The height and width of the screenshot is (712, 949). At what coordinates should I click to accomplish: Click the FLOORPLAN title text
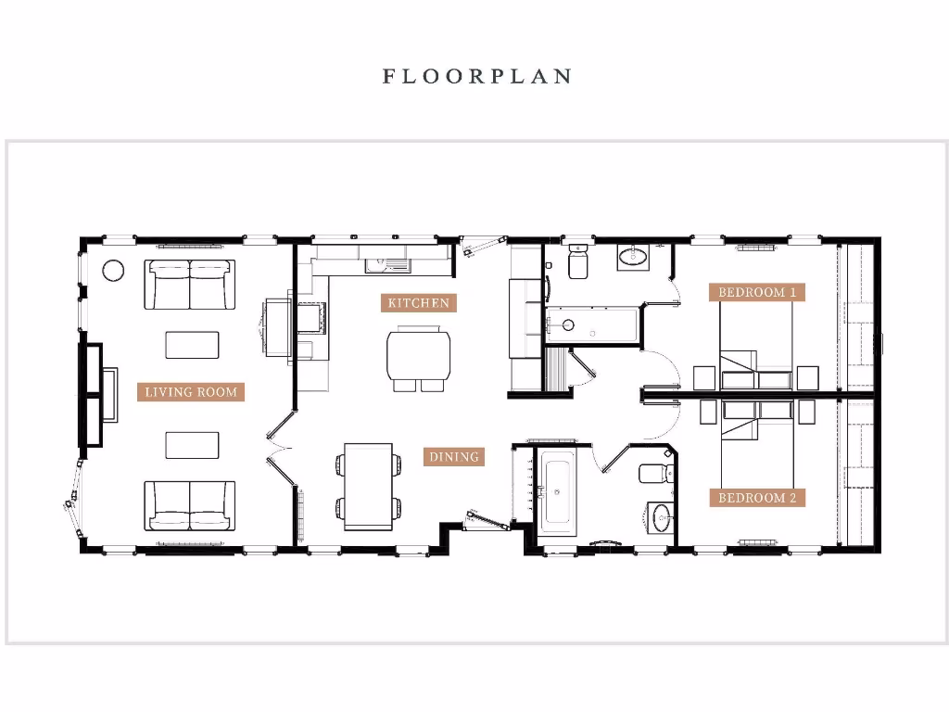point(476,76)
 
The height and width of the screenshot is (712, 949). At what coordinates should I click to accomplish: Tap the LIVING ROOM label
point(191,391)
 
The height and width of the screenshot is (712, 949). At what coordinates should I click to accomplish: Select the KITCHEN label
point(419,302)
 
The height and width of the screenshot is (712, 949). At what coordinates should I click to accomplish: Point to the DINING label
point(454,456)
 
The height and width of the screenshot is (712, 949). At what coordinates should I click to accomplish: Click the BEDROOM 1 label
point(757,292)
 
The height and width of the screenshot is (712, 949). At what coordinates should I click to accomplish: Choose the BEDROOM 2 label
point(757,498)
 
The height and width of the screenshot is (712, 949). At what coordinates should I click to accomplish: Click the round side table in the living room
point(112,270)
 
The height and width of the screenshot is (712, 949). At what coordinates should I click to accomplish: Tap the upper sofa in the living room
point(190,284)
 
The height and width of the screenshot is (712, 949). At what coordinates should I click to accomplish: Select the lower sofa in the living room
point(190,505)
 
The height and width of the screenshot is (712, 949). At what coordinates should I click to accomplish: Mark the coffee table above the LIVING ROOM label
point(193,344)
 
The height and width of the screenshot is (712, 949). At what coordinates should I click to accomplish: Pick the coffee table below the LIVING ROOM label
point(193,445)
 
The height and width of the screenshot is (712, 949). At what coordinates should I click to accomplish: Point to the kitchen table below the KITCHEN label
point(419,354)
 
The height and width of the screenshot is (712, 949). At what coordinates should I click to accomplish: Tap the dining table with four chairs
point(369,487)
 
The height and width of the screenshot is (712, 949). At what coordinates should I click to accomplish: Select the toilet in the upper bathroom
point(577,263)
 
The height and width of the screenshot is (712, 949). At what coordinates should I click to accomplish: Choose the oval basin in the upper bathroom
point(635,258)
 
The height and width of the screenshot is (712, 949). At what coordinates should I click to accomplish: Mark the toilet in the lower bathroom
point(653,471)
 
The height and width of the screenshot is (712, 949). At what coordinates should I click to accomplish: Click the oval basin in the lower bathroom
point(661,517)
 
